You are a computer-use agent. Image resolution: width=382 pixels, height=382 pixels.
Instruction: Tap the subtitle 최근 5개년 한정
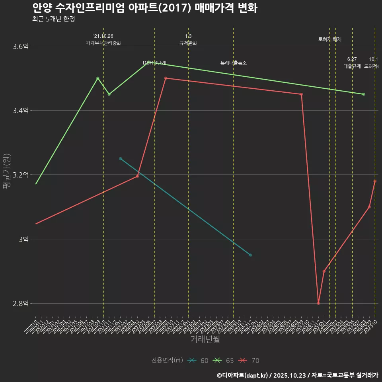tap(53, 19)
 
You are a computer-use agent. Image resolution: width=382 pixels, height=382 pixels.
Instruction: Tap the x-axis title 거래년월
tap(205, 339)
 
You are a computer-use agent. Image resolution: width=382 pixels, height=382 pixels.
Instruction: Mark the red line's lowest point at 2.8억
tap(318, 303)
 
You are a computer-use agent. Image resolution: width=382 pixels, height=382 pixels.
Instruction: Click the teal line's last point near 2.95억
tap(250, 255)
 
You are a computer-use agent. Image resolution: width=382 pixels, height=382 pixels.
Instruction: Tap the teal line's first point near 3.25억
tap(121, 159)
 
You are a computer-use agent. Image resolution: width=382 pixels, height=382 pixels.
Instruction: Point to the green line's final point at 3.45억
tap(364, 94)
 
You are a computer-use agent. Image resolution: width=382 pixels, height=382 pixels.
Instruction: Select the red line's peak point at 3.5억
tap(166, 78)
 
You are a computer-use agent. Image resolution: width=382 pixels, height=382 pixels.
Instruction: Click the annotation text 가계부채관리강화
tap(103, 43)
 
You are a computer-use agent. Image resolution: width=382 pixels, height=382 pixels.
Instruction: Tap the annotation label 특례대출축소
tap(234, 63)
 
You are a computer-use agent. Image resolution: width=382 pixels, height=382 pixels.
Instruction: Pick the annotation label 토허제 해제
tap(330, 39)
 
